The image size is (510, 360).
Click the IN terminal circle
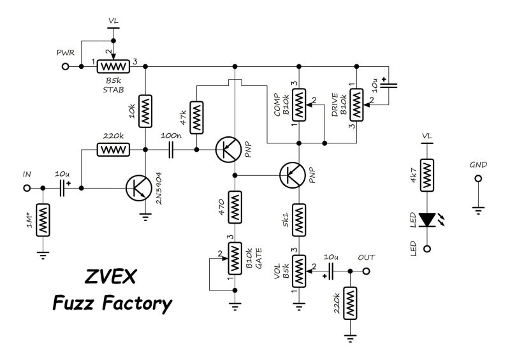click(x=27, y=189)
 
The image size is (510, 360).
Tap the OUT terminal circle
click(x=367, y=271)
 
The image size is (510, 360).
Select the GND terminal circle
click(x=476, y=179)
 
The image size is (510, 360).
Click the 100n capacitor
click(x=170, y=150)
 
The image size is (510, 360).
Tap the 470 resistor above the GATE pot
click(x=235, y=208)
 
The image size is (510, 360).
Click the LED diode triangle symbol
click(x=427, y=220)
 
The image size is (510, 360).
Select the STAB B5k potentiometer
click(x=113, y=65)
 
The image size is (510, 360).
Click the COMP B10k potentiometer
click(x=299, y=102)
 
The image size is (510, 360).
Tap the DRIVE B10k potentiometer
click(x=358, y=102)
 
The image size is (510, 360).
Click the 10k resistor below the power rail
click(x=146, y=112)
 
